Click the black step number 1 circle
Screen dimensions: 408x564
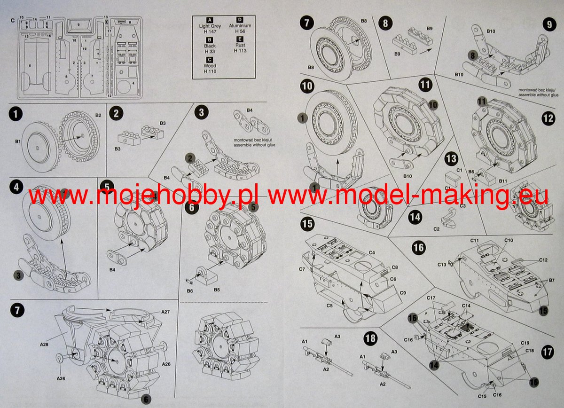(16, 114)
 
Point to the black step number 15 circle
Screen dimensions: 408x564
(307, 224)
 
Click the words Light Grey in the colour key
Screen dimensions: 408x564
(210, 26)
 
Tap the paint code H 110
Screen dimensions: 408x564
(210, 71)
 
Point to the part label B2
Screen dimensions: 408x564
(98, 115)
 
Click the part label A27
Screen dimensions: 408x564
(165, 312)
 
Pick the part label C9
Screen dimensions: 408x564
(403, 293)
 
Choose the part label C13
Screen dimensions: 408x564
(441, 265)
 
